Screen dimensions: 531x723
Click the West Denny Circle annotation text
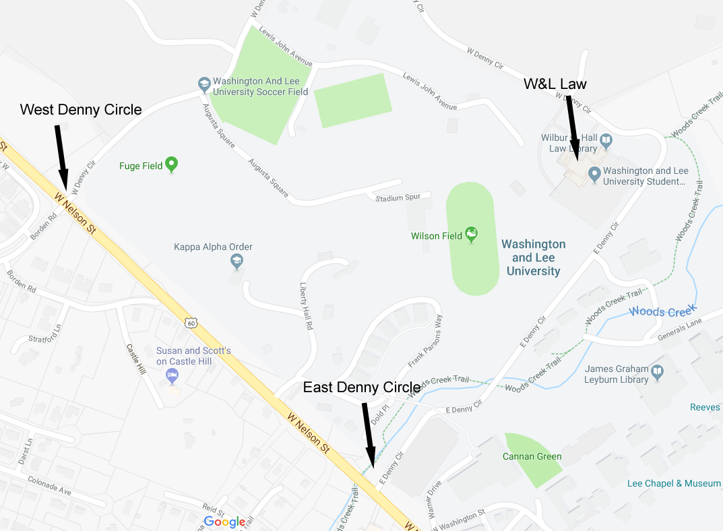click(81, 109)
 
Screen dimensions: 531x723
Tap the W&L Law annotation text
click(555, 84)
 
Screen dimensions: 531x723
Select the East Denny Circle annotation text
click(362, 387)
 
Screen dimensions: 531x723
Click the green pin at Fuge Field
click(172, 164)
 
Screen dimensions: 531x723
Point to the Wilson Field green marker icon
click(472, 234)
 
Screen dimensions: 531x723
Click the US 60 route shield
click(192, 323)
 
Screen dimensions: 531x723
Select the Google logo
click(224, 522)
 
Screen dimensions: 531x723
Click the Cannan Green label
click(532, 456)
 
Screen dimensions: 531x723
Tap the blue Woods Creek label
click(661, 311)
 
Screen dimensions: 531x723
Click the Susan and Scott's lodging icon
click(173, 374)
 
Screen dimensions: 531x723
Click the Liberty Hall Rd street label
click(307, 305)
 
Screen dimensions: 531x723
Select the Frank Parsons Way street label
click(425, 340)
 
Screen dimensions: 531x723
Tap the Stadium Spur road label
click(398, 197)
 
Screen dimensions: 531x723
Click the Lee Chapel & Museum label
click(674, 483)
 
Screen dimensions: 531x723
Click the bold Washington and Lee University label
click(534, 257)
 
